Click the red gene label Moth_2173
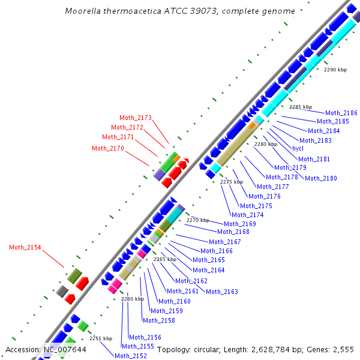click(136, 118)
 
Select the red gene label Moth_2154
click(25, 247)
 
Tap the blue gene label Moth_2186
click(341, 113)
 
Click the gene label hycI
click(298, 148)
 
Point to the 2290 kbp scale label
click(335, 70)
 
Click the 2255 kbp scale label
click(101, 338)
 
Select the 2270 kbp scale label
click(197, 220)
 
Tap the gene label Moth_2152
click(131, 356)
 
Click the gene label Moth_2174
click(248, 215)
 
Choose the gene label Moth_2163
click(222, 292)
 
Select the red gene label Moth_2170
click(108, 148)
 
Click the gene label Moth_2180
click(321, 178)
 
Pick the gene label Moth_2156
click(145, 337)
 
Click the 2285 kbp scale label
click(301, 107)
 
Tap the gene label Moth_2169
click(240, 224)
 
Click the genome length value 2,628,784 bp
click(269, 349)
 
